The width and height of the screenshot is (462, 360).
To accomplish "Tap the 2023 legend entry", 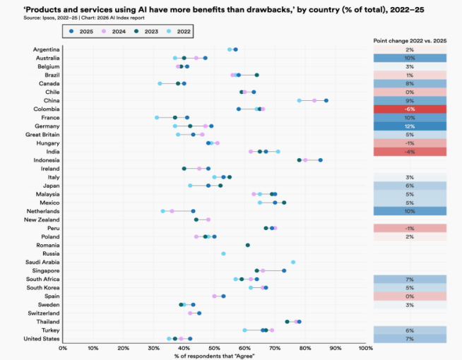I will (x=140, y=31).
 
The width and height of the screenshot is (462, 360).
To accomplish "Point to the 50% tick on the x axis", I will (x=214, y=347).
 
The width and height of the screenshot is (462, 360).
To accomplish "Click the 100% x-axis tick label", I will (x=365, y=347).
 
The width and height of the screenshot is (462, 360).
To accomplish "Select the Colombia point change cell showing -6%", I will (x=410, y=109).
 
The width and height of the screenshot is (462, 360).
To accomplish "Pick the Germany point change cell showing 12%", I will (x=410, y=126).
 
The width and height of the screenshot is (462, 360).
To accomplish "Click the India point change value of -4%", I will (x=410, y=152).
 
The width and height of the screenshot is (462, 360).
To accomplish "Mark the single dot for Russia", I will (x=223, y=253).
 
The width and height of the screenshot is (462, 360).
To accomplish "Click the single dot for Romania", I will (x=248, y=245).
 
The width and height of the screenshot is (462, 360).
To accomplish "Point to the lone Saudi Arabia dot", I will (x=293, y=262).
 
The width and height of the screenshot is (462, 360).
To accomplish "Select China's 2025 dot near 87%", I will (x=326, y=100).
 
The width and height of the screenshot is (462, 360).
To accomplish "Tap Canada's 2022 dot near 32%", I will (x=160, y=83).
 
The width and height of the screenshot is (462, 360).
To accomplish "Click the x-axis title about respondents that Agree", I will (x=214, y=356).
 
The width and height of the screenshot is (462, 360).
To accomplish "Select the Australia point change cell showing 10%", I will (x=410, y=58).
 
